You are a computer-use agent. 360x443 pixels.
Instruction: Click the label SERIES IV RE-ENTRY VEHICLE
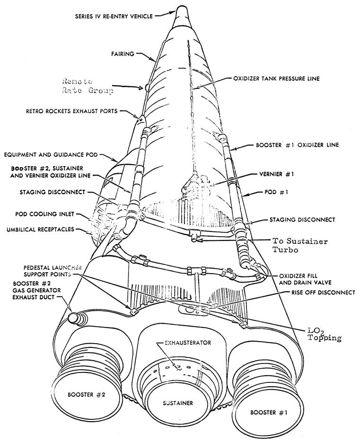click(114, 16)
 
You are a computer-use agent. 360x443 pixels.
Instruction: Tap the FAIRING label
click(123, 53)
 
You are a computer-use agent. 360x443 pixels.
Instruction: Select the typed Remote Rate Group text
click(88, 86)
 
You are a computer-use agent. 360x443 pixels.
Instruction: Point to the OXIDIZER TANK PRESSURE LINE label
click(276, 79)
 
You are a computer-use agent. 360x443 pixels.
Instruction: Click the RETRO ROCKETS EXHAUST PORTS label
click(72, 111)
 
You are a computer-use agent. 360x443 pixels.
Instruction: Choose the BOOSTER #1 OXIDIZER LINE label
click(297, 145)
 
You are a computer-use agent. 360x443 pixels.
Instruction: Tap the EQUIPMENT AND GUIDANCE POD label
click(51, 155)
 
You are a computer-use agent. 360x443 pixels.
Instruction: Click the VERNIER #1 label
click(277, 174)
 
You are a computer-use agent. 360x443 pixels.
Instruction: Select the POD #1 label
click(276, 192)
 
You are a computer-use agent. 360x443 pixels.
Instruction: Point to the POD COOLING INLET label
click(44, 214)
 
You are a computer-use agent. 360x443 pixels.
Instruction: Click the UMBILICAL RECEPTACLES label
click(40, 230)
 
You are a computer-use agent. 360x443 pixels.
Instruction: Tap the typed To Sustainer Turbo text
click(300, 245)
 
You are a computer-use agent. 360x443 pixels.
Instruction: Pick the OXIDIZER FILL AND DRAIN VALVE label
click(305, 279)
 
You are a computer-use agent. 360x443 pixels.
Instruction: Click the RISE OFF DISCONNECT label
click(323, 292)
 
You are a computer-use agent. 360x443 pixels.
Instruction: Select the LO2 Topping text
click(325, 334)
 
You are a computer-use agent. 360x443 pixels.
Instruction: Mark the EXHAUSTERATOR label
click(188, 343)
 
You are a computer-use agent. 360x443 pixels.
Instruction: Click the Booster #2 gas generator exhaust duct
click(77, 318)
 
